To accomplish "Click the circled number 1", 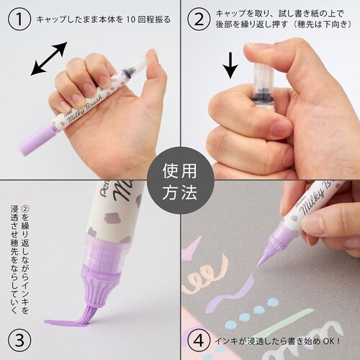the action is pos(19,19).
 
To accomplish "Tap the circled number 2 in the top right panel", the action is pos(199,19).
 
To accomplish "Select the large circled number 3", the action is pos(19,341).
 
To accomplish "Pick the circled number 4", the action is pos(199,341).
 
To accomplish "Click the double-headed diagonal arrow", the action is pos(49,58).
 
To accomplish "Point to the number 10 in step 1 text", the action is pos(130,19).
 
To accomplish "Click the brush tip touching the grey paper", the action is pos(261,261).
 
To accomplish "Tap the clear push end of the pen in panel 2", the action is pos(263,79).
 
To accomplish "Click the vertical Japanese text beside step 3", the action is pos(19,259).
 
